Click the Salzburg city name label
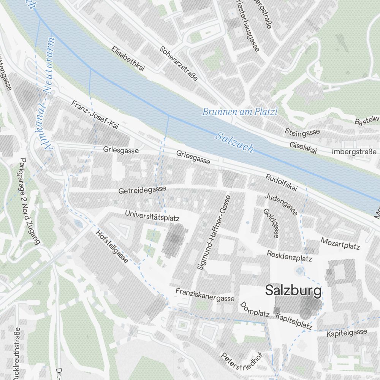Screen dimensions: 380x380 (x=293, y=291)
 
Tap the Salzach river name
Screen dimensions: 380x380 (x=234, y=142)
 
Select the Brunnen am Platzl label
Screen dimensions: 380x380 (x=240, y=112)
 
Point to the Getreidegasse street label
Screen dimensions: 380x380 (x=142, y=190)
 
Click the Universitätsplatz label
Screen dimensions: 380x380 (x=152, y=216)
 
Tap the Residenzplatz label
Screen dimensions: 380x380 (x=289, y=256)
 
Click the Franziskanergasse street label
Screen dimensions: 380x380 (x=205, y=294)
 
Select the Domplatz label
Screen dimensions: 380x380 (x=255, y=310)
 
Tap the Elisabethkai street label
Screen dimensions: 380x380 (x=128, y=59)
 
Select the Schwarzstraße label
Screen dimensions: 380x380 (x=179, y=63)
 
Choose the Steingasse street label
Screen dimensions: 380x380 (x=302, y=132)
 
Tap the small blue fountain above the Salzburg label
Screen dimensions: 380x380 (x=300, y=271)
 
